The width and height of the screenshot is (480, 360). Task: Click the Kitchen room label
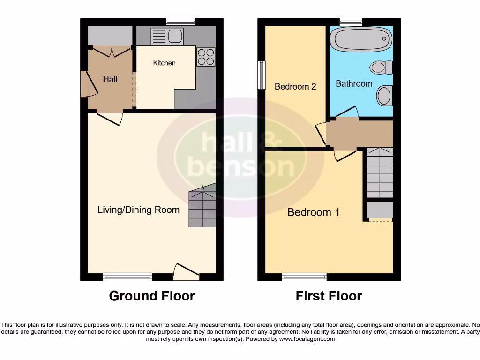[x=165, y=63]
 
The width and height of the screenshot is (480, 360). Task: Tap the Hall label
[x=110, y=79]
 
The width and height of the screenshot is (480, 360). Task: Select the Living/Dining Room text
[x=138, y=210]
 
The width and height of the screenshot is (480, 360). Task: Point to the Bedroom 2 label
[x=295, y=86]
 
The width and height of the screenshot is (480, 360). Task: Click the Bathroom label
[x=354, y=83]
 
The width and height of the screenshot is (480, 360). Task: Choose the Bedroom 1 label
[x=314, y=212]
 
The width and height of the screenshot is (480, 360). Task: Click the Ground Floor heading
[x=152, y=296]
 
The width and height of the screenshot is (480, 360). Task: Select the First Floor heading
[x=329, y=296]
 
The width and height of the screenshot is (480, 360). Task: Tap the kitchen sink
[x=167, y=36]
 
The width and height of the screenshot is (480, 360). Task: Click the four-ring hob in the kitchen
[x=206, y=57]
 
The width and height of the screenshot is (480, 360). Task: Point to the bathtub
[x=360, y=38]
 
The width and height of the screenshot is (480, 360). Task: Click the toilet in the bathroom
[x=382, y=67]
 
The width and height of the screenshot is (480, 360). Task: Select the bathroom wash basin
[x=384, y=96]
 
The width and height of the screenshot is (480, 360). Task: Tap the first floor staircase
[x=379, y=172]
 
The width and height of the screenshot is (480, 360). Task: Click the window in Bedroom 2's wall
[x=262, y=75]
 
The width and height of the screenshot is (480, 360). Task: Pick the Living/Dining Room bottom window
[x=127, y=277]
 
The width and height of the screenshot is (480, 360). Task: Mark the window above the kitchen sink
[x=181, y=22]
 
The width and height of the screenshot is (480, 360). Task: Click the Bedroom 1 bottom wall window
[x=304, y=277]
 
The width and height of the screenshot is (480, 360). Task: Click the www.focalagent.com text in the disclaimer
[x=307, y=339]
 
